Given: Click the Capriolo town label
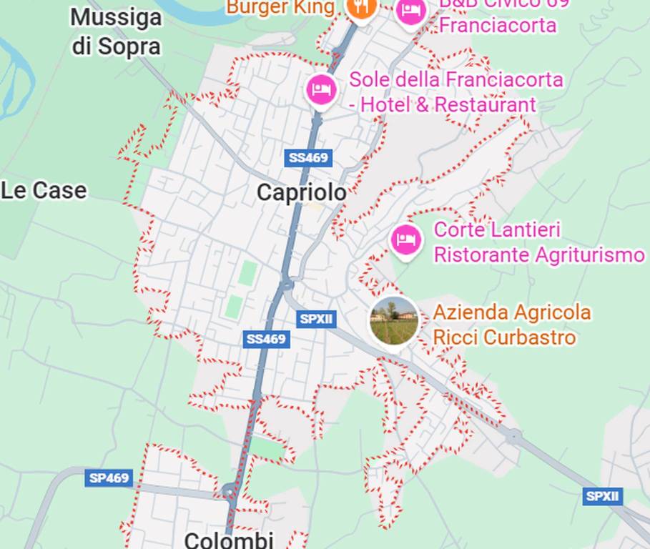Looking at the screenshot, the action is click(x=301, y=192).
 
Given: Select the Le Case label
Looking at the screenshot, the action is click(x=44, y=191).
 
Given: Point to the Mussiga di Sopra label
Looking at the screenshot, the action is click(x=117, y=31).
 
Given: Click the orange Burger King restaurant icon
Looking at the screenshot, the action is click(x=361, y=7).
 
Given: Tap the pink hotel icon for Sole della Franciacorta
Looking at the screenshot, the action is click(x=322, y=90).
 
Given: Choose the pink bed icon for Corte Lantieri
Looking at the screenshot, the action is click(x=406, y=239).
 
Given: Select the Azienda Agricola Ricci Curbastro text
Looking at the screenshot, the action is click(x=512, y=325).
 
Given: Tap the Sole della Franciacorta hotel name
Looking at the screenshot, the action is click(x=456, y=91).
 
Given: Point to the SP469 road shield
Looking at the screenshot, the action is click(x=109, y=478).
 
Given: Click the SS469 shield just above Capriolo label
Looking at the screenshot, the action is click(x=308, y=158).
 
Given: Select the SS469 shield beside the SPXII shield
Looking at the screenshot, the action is click(x=266, y=339).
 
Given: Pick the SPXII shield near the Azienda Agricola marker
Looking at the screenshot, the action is click(x=316, y=319).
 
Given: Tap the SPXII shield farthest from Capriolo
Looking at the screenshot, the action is click(x=602, y=496).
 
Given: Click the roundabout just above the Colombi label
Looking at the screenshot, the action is click(x=228, y=491).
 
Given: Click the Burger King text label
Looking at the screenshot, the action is click(x=280, y=7).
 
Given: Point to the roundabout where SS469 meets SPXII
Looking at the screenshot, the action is click(x=287, y=286).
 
